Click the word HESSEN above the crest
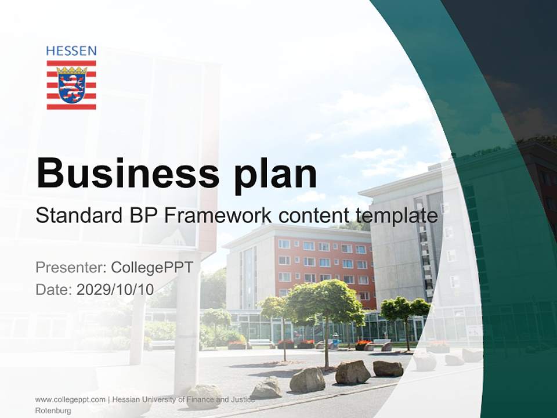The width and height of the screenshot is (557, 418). click(x=71, y=51)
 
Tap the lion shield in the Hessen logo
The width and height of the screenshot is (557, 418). click(x=71, y=85)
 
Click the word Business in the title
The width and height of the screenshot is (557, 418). click(x=126, y=173)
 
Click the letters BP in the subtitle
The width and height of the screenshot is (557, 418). click(x=142, y=216)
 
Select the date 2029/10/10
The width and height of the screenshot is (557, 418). click(x=115, y=290)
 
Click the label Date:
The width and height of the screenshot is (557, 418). click(x=54, y=290)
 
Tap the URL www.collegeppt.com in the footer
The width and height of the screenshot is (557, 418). click(x=70, y=399)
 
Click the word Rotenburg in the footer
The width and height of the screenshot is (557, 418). click(x=53, y=410)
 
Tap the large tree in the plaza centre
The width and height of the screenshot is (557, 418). click(x=326, y=308)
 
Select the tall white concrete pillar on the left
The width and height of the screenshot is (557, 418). click(x=187, y=325)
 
